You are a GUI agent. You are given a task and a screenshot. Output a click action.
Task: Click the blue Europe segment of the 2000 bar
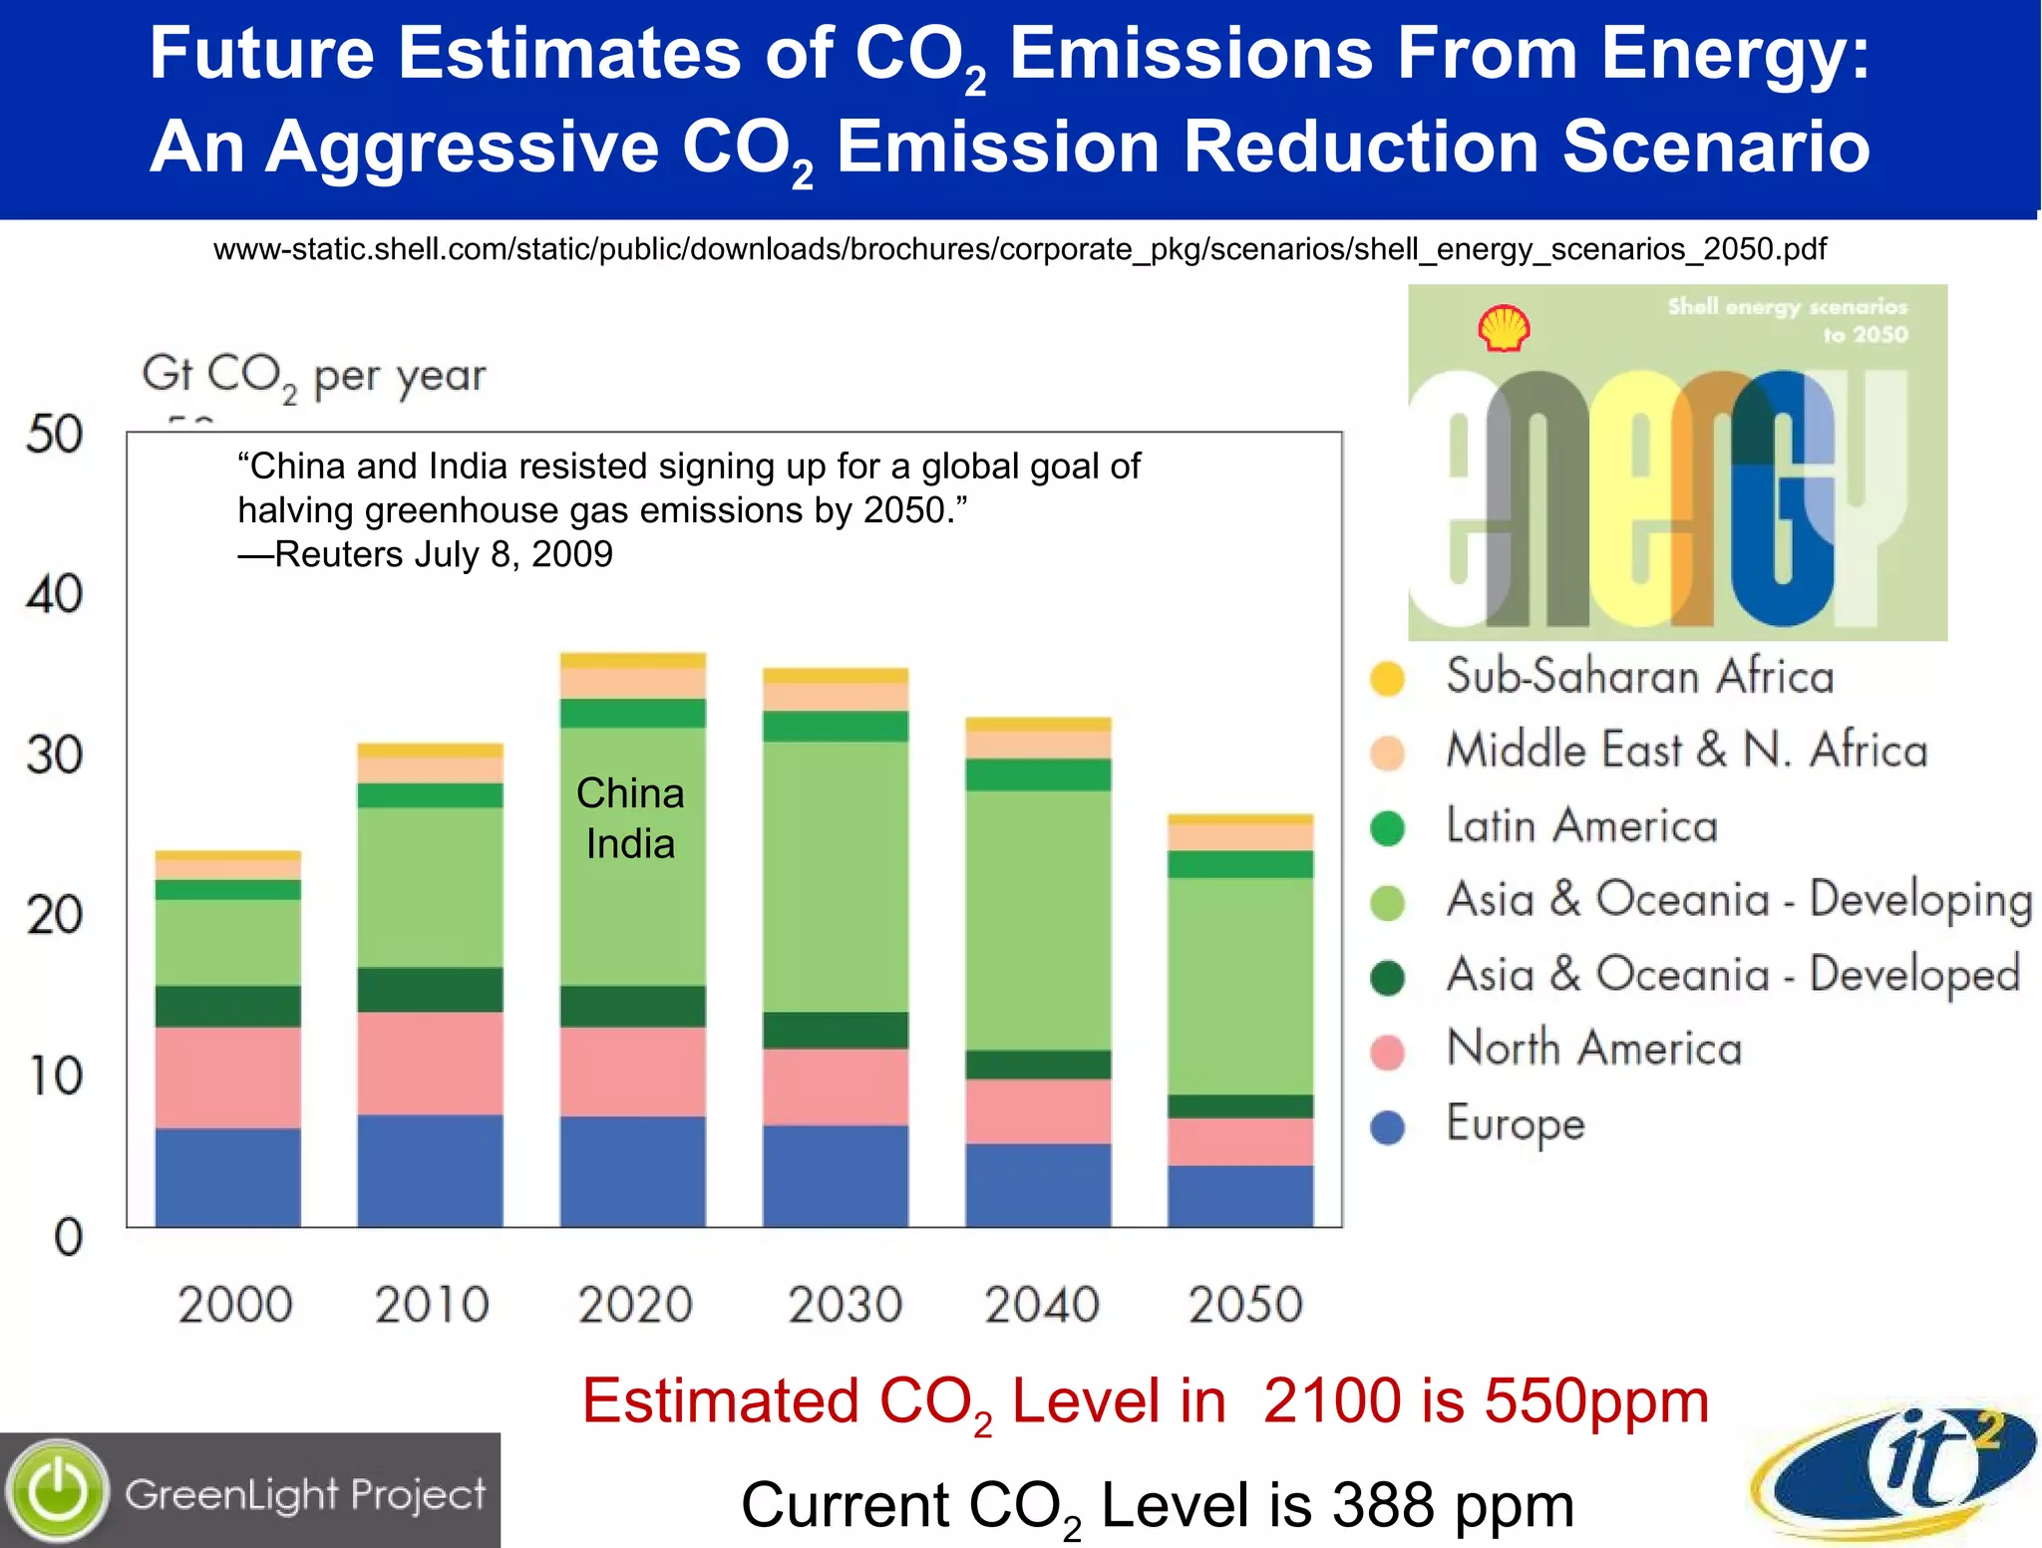click(227, 1176)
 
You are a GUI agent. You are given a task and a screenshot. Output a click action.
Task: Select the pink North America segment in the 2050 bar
click(1240, 1141)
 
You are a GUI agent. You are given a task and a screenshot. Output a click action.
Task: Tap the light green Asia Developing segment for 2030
click(836, 877)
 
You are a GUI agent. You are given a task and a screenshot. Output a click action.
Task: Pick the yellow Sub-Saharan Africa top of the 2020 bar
click(633, 660)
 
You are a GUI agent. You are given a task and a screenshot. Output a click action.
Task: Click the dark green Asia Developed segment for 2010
click(430, 990)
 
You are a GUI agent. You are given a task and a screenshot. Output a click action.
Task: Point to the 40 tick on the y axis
click(55, 594)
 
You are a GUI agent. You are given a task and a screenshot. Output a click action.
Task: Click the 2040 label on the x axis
click(1042, 1304)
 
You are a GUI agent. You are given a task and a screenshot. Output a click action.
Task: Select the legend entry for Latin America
click(1581, 825)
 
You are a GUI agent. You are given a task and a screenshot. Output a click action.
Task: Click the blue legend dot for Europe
click(1387, 1127)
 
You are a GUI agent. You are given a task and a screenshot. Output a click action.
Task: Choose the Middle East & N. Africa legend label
click(1686, 751)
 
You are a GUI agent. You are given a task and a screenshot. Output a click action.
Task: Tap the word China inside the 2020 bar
click(630, 793)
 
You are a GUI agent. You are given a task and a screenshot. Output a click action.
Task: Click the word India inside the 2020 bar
click(630, 844)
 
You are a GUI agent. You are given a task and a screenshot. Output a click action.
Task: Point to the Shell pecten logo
click(1504, 329)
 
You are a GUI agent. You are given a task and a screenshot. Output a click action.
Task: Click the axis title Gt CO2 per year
click(313, 377)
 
